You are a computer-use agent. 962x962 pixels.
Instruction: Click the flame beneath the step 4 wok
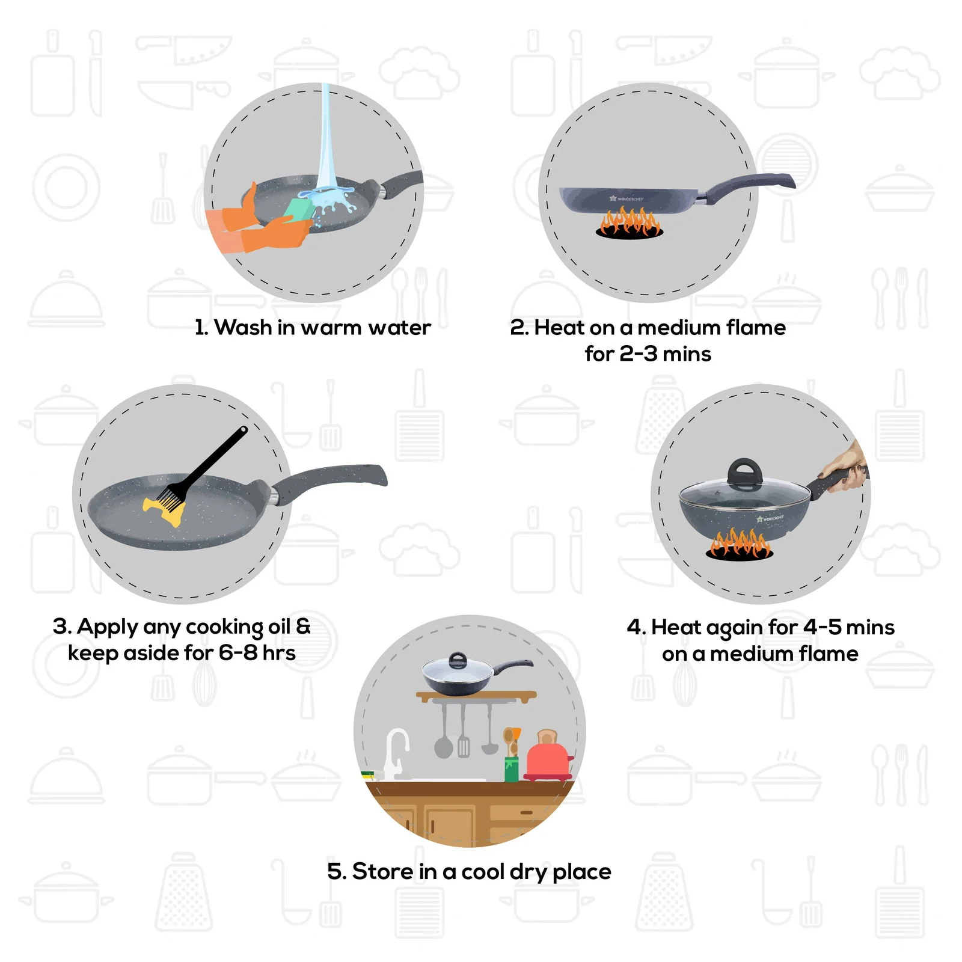click(x=739, y=545)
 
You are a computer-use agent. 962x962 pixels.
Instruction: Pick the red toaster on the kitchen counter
click(x=548, y=759)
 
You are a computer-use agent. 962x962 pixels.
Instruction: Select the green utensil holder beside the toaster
click(x=511, y=768)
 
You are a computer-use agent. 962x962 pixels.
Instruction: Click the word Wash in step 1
click(x=243, y=328)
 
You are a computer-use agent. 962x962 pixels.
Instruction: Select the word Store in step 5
click(x=382, y=872)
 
